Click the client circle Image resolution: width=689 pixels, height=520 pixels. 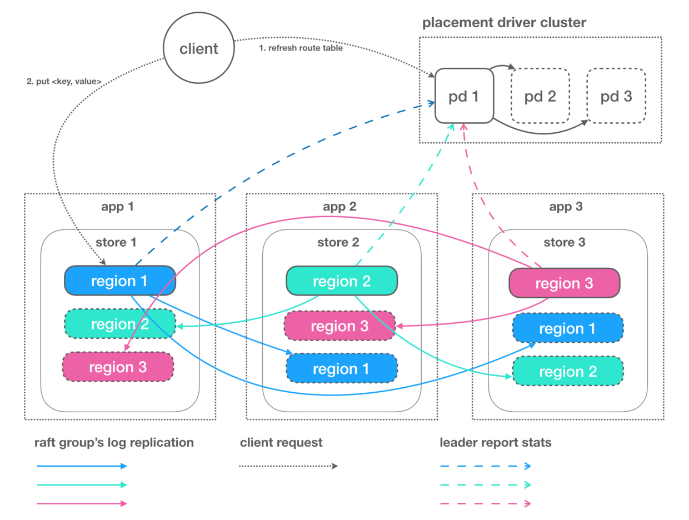click(x=198, y=48)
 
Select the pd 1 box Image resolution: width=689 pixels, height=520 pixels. click(x=464, y=96)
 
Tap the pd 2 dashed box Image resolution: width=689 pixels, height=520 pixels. click(x=540, y=96)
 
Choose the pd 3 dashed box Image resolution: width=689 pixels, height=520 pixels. click(x=616, y=96)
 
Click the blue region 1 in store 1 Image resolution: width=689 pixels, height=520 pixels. click(x=120, y=281)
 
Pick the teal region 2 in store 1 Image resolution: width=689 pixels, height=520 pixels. click(x=120, y=324)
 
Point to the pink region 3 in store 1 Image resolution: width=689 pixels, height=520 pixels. click(x=118, y=367)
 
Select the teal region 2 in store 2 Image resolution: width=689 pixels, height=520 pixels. click(x=341, y=281)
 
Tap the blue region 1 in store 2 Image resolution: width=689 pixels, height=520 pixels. click(x=342, y=368)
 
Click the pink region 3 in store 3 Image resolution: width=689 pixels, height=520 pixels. click(x=564, y=283)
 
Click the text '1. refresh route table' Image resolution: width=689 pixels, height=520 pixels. click(x=301, y=48)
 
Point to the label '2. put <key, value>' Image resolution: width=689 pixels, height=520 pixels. click(x=64, y=82)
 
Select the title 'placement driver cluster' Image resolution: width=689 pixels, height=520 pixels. click(x=504, y=23)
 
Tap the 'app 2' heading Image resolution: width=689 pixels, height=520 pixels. click(x=341, y=207)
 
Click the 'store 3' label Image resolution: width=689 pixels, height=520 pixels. click(x=565, y=242)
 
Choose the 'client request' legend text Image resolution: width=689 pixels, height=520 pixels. click(x=281, y=443)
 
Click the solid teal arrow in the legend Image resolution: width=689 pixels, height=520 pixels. click(x=82, y=484)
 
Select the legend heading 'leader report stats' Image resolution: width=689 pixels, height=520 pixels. click(x=495, y=443)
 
